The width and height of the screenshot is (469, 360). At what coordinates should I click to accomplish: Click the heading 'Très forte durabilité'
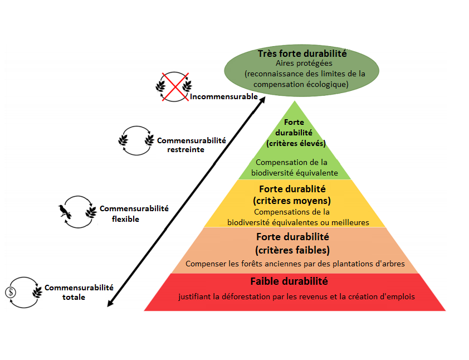tap(302, 54)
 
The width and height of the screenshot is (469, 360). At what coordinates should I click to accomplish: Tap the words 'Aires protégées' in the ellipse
tap(302, 64)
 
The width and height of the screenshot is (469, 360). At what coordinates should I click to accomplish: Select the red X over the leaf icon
tap(173, 86)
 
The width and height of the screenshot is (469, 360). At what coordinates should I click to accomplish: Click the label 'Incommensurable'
tap(224, 96)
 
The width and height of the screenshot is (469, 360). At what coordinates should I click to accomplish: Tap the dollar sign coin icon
tap(11, 293)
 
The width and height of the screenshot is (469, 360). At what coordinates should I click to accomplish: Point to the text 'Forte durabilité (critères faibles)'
tap(292, 243)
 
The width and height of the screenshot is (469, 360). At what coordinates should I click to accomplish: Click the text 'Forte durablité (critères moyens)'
tap(292, 194)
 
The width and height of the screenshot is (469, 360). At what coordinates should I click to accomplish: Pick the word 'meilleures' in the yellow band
tap(351, 222)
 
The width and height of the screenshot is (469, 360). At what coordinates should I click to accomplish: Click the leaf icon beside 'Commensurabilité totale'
tap(37, 293)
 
